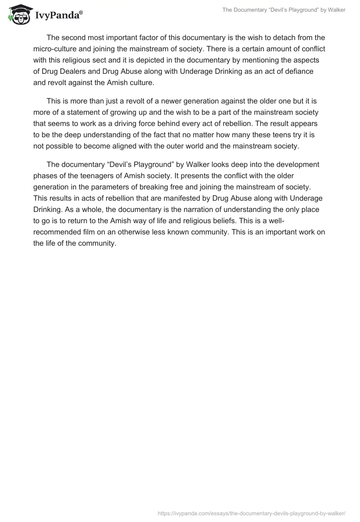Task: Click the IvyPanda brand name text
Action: coord(58,15)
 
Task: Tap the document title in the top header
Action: coord(284,10)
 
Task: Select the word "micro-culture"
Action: coord(54,49)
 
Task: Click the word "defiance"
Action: coord(299,71)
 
